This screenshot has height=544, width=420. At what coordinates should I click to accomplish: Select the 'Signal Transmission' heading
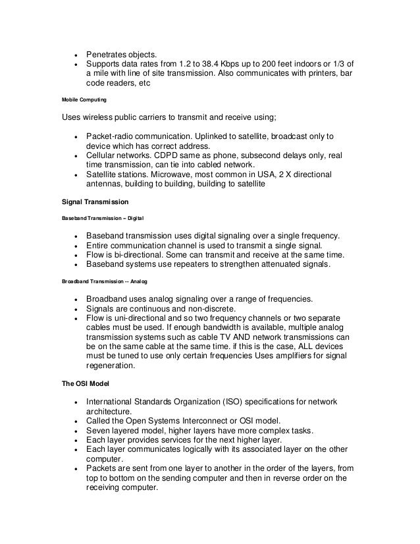pos(95,201)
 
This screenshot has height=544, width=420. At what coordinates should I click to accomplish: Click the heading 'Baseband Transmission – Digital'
pos(103,217)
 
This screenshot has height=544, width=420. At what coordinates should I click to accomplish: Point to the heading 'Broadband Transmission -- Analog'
pos(105,281)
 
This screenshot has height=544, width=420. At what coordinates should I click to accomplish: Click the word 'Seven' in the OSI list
pos(99,431)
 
